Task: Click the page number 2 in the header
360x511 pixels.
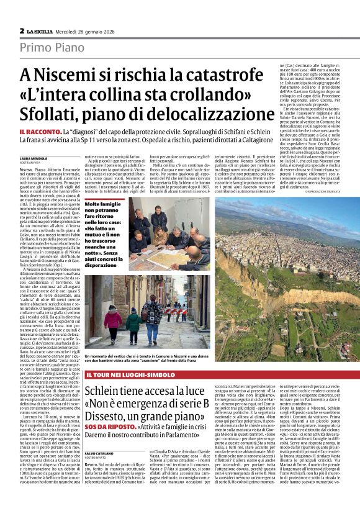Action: pos(22,30)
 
